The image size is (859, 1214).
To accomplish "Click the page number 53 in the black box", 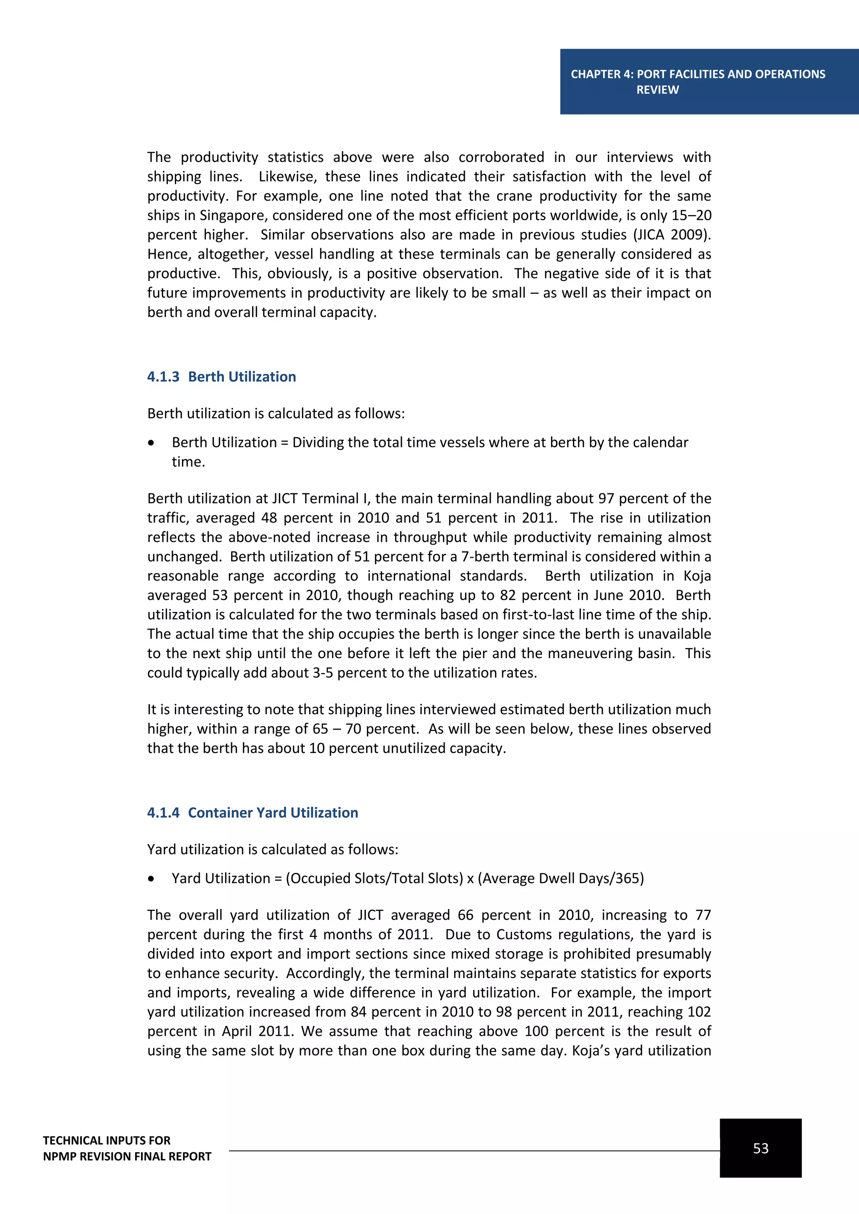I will click(x=760, y=1149).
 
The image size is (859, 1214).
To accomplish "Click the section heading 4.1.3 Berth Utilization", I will click(x=221, y=376).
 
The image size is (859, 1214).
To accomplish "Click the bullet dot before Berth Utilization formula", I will click(x=152, y=443).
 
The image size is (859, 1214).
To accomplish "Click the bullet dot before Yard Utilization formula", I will click(x=152, y=878).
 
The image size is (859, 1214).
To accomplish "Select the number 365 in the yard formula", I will click(x=627, y=878).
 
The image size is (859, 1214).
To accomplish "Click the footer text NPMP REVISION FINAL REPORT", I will click(x=127, y=1157).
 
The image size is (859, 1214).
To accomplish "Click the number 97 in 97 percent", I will click(x=606, y=498).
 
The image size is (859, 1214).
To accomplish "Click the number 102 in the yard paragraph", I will click(x=699, y=1012).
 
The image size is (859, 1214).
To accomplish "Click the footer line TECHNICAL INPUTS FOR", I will click(x=107, y=1141).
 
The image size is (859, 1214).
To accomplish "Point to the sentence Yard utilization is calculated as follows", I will click(x=272, y=849).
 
